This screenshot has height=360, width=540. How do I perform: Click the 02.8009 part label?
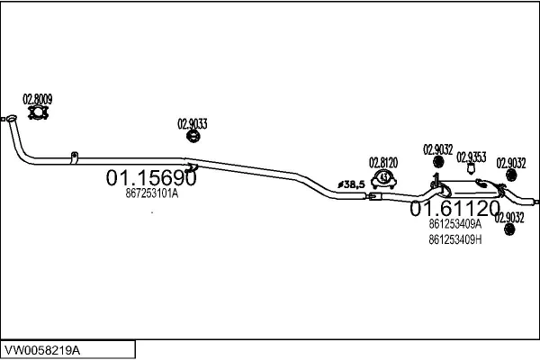click(x=38, y=99)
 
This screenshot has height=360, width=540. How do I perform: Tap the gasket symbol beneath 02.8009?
click(x=38, y=112)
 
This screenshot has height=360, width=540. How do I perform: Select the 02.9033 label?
click(x=193, y=124)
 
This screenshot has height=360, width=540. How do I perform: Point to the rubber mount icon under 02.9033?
click(x=193, y=136)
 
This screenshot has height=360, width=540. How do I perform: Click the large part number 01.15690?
click(x=151, y=178)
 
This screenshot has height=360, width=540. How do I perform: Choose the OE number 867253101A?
click(x=152, y=193)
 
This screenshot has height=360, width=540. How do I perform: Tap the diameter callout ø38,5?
click(x=351, y=184)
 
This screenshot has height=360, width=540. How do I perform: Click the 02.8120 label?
click(x=383, y=163)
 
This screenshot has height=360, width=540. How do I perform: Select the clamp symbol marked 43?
click(x=383, y=179)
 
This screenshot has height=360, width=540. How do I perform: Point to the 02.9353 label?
click(x=471, y=157)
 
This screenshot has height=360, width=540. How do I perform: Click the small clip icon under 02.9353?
click(x=471, y=169)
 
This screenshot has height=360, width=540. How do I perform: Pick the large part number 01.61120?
click(x=454, y=208)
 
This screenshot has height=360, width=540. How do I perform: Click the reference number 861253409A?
click(x=454, y=224)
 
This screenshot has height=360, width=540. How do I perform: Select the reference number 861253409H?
click(x=454, y=239)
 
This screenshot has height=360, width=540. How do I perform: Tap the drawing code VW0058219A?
click(x=42, y=350)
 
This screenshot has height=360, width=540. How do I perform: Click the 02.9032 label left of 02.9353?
click(x=437, y=150)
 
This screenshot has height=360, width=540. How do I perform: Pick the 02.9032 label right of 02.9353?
click(x=511, y=163)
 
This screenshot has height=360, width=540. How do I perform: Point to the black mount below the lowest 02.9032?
click(x=509, y=229)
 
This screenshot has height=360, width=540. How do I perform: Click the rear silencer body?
click(x=470, y=188)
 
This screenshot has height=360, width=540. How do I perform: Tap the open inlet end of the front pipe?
click(x=11, y=118)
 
